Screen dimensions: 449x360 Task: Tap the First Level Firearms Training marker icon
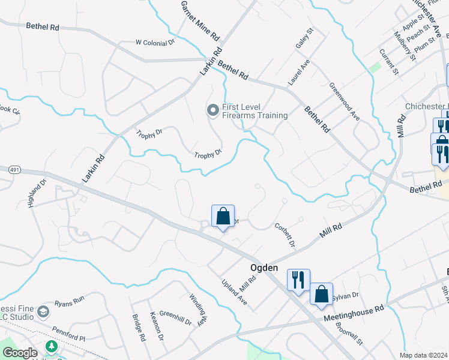point(212,110)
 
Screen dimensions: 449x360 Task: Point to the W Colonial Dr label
point(155,43)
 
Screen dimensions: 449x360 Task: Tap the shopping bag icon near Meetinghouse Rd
point(321,293)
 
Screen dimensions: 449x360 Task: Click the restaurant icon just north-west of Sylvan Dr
point(298,279)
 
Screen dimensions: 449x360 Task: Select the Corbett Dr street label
point(285,235)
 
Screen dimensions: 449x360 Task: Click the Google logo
point(20,353)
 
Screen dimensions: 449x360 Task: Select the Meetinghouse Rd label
point(354,314)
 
